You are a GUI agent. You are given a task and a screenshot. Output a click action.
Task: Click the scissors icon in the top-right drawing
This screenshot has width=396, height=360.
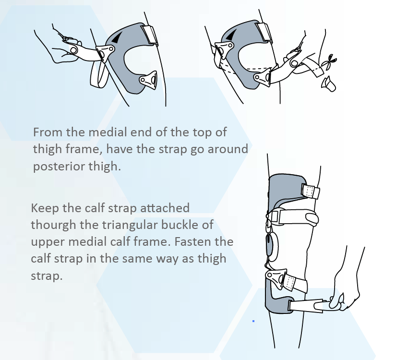point(329,61)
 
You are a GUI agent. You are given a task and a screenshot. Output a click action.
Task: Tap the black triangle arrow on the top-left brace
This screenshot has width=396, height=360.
point(117,37)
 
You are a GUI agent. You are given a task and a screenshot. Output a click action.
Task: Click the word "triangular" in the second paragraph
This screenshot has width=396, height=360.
point(130,225)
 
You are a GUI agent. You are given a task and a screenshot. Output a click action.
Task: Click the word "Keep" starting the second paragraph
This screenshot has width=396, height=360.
point(45,208)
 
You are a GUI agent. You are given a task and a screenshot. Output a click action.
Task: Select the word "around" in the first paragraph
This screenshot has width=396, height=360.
point(228,149)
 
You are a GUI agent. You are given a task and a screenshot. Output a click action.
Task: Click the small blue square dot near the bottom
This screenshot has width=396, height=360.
point(253,321)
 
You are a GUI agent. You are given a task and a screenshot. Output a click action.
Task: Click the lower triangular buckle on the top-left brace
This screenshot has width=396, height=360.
point(148,80)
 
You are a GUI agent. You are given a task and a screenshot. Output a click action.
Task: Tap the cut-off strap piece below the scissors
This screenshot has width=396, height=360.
point(328,84)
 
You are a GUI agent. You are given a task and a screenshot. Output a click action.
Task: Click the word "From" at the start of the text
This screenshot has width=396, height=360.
point(48,132)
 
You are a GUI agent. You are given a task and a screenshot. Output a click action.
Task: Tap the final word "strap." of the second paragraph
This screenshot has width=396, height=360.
point(47,276)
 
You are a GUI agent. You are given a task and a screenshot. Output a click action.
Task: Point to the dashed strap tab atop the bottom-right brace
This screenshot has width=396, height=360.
point(311,191)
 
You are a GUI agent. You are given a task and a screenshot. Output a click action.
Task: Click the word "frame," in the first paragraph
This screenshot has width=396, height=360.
point(84,149)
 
